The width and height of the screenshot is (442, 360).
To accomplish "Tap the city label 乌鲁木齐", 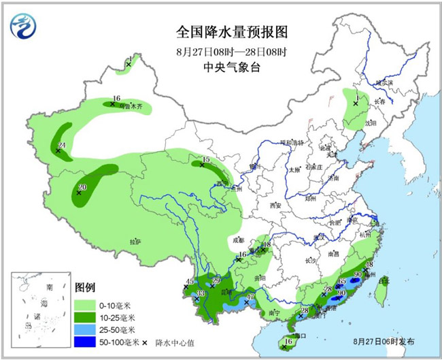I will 132,107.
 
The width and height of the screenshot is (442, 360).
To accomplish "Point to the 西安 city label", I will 275,205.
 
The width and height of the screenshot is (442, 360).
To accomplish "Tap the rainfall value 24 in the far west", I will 62,145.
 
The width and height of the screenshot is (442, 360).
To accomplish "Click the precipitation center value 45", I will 190,282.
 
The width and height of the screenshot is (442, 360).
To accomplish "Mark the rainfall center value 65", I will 342,280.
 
